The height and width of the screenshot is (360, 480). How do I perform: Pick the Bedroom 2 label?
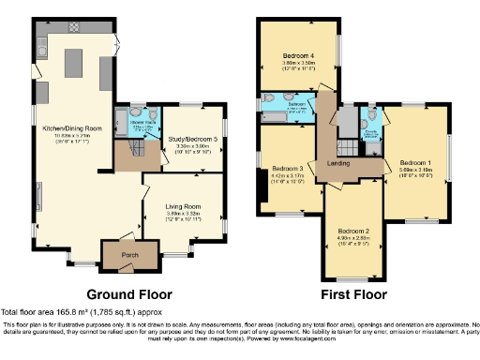pyautogui.click(x=353, y=230)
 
